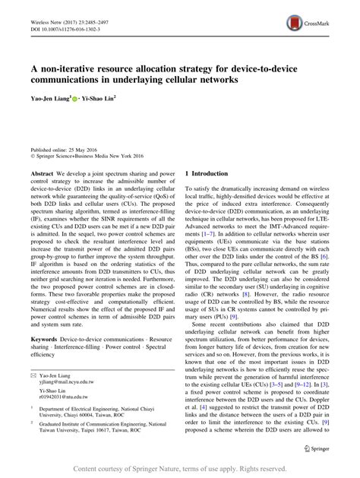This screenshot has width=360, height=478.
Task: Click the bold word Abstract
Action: (42, 173)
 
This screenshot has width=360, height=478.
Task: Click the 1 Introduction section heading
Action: (207, 173)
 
